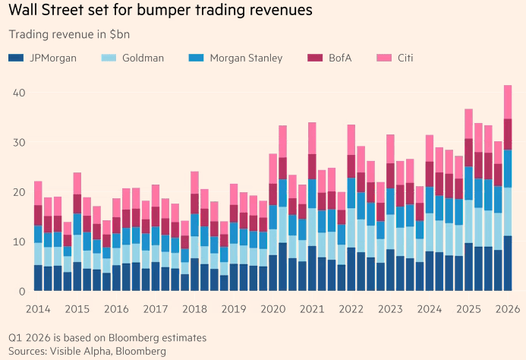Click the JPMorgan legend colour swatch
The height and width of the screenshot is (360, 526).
coord(14,58)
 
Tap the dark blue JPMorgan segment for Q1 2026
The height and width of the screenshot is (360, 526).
coord(508,263)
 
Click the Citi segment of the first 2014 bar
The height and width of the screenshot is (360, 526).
coord(38,193)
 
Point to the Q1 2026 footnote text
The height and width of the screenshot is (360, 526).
coord(107,337)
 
